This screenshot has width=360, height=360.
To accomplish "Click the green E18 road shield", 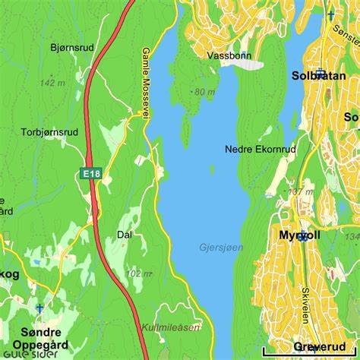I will pyautogui.click(x=91, y=174).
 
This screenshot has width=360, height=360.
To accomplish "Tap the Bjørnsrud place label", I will pyautogui.click(x=72, y=47).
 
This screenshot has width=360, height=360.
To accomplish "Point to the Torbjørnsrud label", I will pyautogui.click(x=50, y=131).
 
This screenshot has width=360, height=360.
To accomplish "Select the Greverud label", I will pyautogui.click(x=319, y=346).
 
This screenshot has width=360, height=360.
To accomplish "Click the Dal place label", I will pyautogui.click(x=125, y=235).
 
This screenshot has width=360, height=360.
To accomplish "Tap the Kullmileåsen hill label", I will pyautogui.click(x=170, y=328).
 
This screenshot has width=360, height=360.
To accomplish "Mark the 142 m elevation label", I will pyautogui.click(x=52, y=83).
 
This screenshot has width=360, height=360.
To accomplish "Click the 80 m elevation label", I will pyautogui.click(x=204, y=92).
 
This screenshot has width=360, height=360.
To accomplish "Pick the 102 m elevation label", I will pyautogui.click(x=137, y=273).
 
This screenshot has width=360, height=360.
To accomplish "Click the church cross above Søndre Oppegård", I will pyautogui.click(x=40, y=308).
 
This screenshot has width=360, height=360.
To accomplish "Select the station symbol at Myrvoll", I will pyautogui.click(x=304, y=237).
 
